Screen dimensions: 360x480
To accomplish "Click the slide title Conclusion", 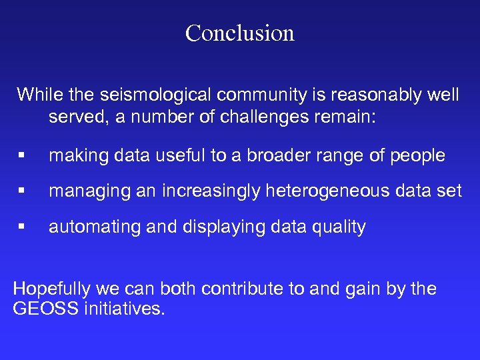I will pyautogui.click(x=239, y=33).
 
